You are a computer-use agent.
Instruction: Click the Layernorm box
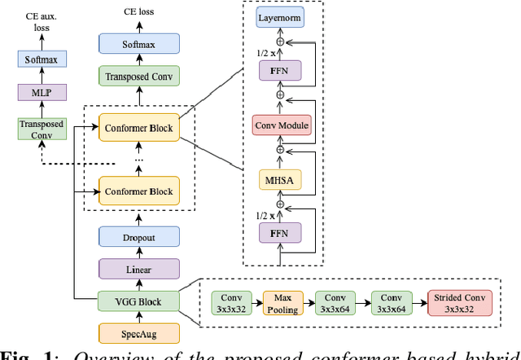[279, 17]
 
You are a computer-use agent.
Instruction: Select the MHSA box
[279, 179]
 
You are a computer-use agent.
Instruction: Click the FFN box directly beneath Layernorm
[279, 71]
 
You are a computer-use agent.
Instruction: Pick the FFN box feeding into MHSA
[279, 233]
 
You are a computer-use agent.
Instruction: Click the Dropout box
[138, 236]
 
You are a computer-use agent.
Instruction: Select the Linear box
[138, 269]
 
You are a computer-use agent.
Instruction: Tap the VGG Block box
[138, 301]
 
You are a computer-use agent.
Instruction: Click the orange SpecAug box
[138, 333]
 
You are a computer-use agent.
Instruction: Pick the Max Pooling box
[282, 303]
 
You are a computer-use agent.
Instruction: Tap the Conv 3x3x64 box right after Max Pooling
[335, 303]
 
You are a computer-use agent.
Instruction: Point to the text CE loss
[138, 11]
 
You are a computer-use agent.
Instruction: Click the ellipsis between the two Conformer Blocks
[138, 160]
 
